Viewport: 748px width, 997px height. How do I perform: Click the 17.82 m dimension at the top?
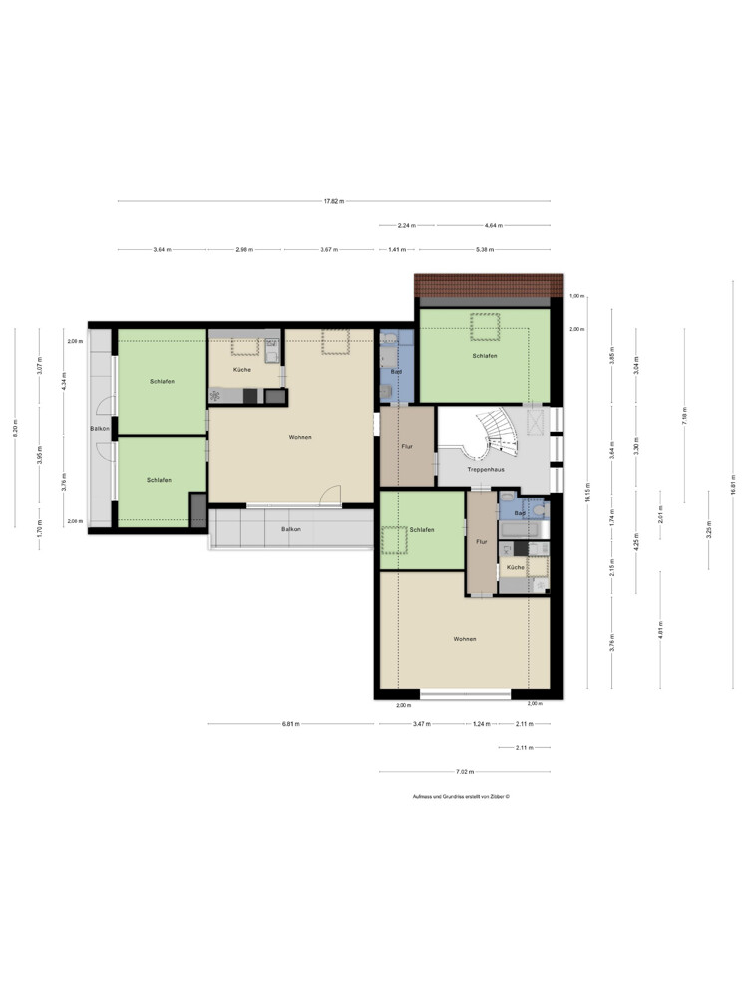pyautogui.click(x=333, y=201)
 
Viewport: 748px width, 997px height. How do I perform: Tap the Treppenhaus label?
pyautogui.click(x=484, y=468)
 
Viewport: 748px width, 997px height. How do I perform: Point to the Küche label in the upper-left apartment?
pyautogui.click(x=242, y=370)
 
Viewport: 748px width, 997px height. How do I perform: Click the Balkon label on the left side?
pyautogui.click(x=99, y=429)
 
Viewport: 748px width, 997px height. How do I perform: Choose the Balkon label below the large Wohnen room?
pyautogui.click(x=290, y=529)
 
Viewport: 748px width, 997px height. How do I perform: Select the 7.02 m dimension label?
pyautogui.click(x=464, y=772)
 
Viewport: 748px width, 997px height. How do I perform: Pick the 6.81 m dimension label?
pyautogui.click(x=292, y=724)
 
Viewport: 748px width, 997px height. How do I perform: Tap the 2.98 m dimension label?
pyautogui.click(x=244, y=249)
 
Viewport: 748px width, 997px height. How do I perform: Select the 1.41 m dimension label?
pyautogui.click(x=397, y=249)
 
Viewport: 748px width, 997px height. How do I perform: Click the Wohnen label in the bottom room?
pyautogui.click(x=464, y=639)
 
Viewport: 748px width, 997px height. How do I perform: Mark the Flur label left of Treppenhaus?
pyautogui.click(x=407, y=446)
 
